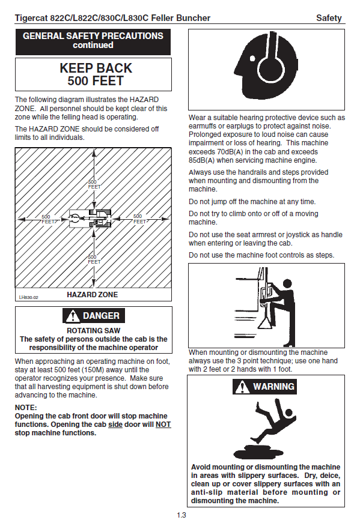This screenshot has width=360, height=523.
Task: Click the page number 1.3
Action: [182, 515]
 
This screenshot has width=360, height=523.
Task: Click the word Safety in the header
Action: [329, 18]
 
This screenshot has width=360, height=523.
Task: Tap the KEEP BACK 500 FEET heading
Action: [96, 74]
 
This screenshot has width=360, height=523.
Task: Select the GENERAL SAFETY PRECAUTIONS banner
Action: [93, 42]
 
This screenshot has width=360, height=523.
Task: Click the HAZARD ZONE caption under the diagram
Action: [93, 295]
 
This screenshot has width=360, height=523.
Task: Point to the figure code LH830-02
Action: [29, 297]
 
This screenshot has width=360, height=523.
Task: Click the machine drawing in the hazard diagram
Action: [90, 219]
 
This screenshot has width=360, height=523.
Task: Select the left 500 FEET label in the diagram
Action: [47, 219]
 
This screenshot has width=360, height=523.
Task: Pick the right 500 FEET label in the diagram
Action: [139, 219]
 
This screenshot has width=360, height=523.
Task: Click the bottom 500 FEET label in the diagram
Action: [94, 259]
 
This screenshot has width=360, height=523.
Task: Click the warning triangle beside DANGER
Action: [73, 316]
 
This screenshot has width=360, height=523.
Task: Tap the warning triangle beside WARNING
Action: [242, 387]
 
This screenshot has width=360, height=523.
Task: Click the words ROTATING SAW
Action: [94, 330]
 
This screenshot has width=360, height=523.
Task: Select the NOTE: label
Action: [26, 408]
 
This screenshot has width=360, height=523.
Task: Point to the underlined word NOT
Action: [163, 425]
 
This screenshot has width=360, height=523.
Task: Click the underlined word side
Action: [115, 425]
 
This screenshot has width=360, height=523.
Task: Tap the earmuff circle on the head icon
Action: [272, 68]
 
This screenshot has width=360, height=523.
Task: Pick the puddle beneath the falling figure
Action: [258, 452]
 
